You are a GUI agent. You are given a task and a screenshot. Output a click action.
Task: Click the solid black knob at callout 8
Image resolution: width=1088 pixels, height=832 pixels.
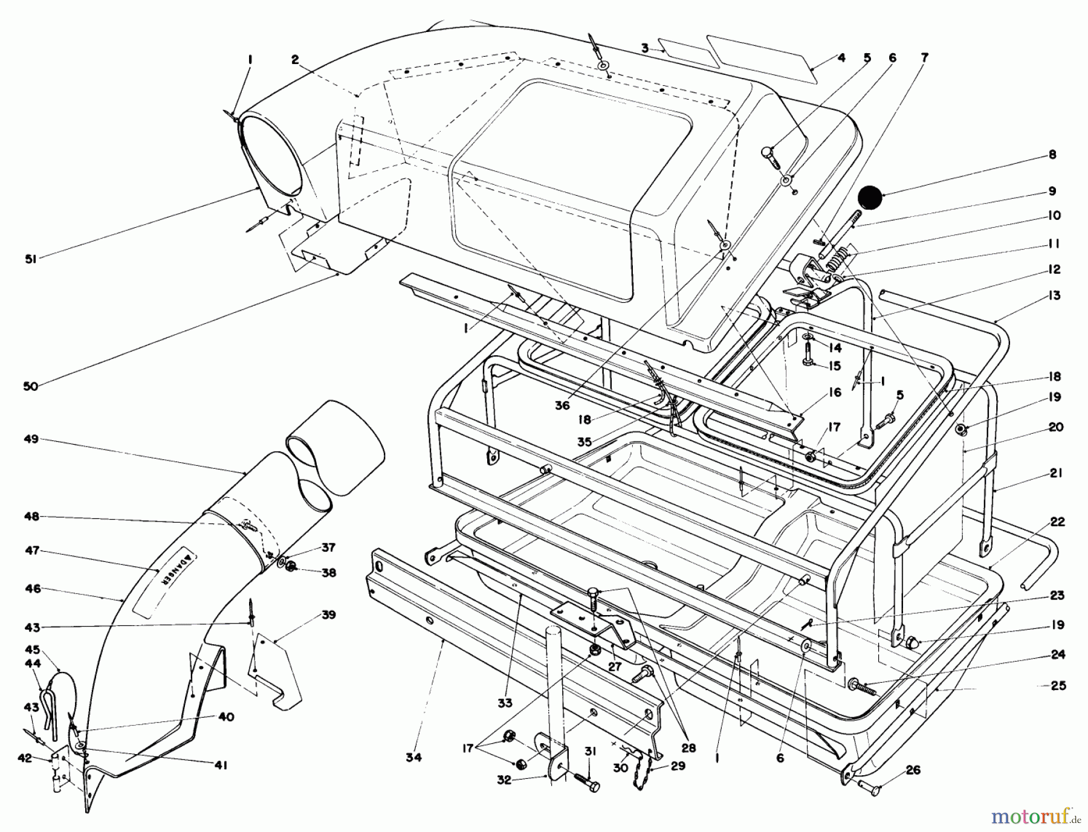tap(871, 198)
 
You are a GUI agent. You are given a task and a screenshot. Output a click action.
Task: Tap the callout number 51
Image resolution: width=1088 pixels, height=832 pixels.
tap(31, 259)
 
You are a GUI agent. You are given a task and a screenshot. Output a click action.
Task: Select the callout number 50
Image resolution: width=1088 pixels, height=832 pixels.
tap(31, 385)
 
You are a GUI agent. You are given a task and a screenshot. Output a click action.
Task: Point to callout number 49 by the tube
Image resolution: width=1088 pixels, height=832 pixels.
tap(31, 439)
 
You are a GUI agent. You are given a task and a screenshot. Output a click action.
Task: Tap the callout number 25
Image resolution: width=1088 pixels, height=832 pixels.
tap(1058, 685)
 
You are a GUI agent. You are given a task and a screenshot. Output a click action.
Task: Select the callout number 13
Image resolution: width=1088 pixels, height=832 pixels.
tap(1054, 295)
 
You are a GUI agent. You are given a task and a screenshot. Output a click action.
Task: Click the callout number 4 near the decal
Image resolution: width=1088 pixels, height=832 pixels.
tap(841, 58)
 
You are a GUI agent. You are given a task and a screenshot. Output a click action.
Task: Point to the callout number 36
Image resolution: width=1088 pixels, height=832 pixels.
tap(562, 405)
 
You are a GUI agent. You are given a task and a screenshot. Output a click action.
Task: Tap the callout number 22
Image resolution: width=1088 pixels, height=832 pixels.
tap(1057, 521)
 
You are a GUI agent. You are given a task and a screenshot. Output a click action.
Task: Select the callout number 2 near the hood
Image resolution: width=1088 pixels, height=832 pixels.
tap(294, 59)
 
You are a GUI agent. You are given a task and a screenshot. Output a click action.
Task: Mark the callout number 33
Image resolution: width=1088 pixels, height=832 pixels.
tap(505, 703)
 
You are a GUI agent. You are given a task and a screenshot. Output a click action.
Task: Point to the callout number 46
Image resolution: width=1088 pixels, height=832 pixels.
tap(33, 588)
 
